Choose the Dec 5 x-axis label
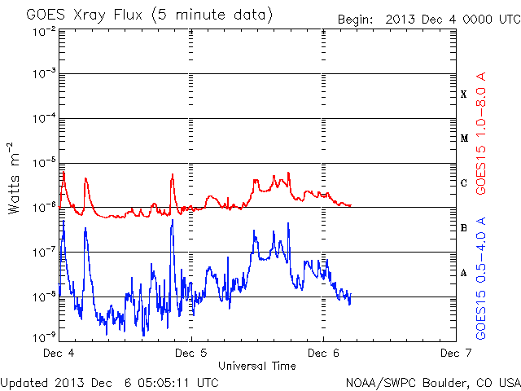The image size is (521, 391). tap(190, 354)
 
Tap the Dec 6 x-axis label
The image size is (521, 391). tap(322, 354)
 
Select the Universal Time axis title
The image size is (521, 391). tap(256, 366)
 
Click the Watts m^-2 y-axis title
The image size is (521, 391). tap(15, 177)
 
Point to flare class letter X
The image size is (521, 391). tap(463, 94)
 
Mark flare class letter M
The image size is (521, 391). tap(463, 138)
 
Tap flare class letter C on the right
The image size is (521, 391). tap(463, 183)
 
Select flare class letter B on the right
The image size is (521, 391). tap(463, 228)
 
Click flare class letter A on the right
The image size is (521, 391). tap(463, 273)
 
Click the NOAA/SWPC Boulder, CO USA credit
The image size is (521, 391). tap(432, 382)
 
